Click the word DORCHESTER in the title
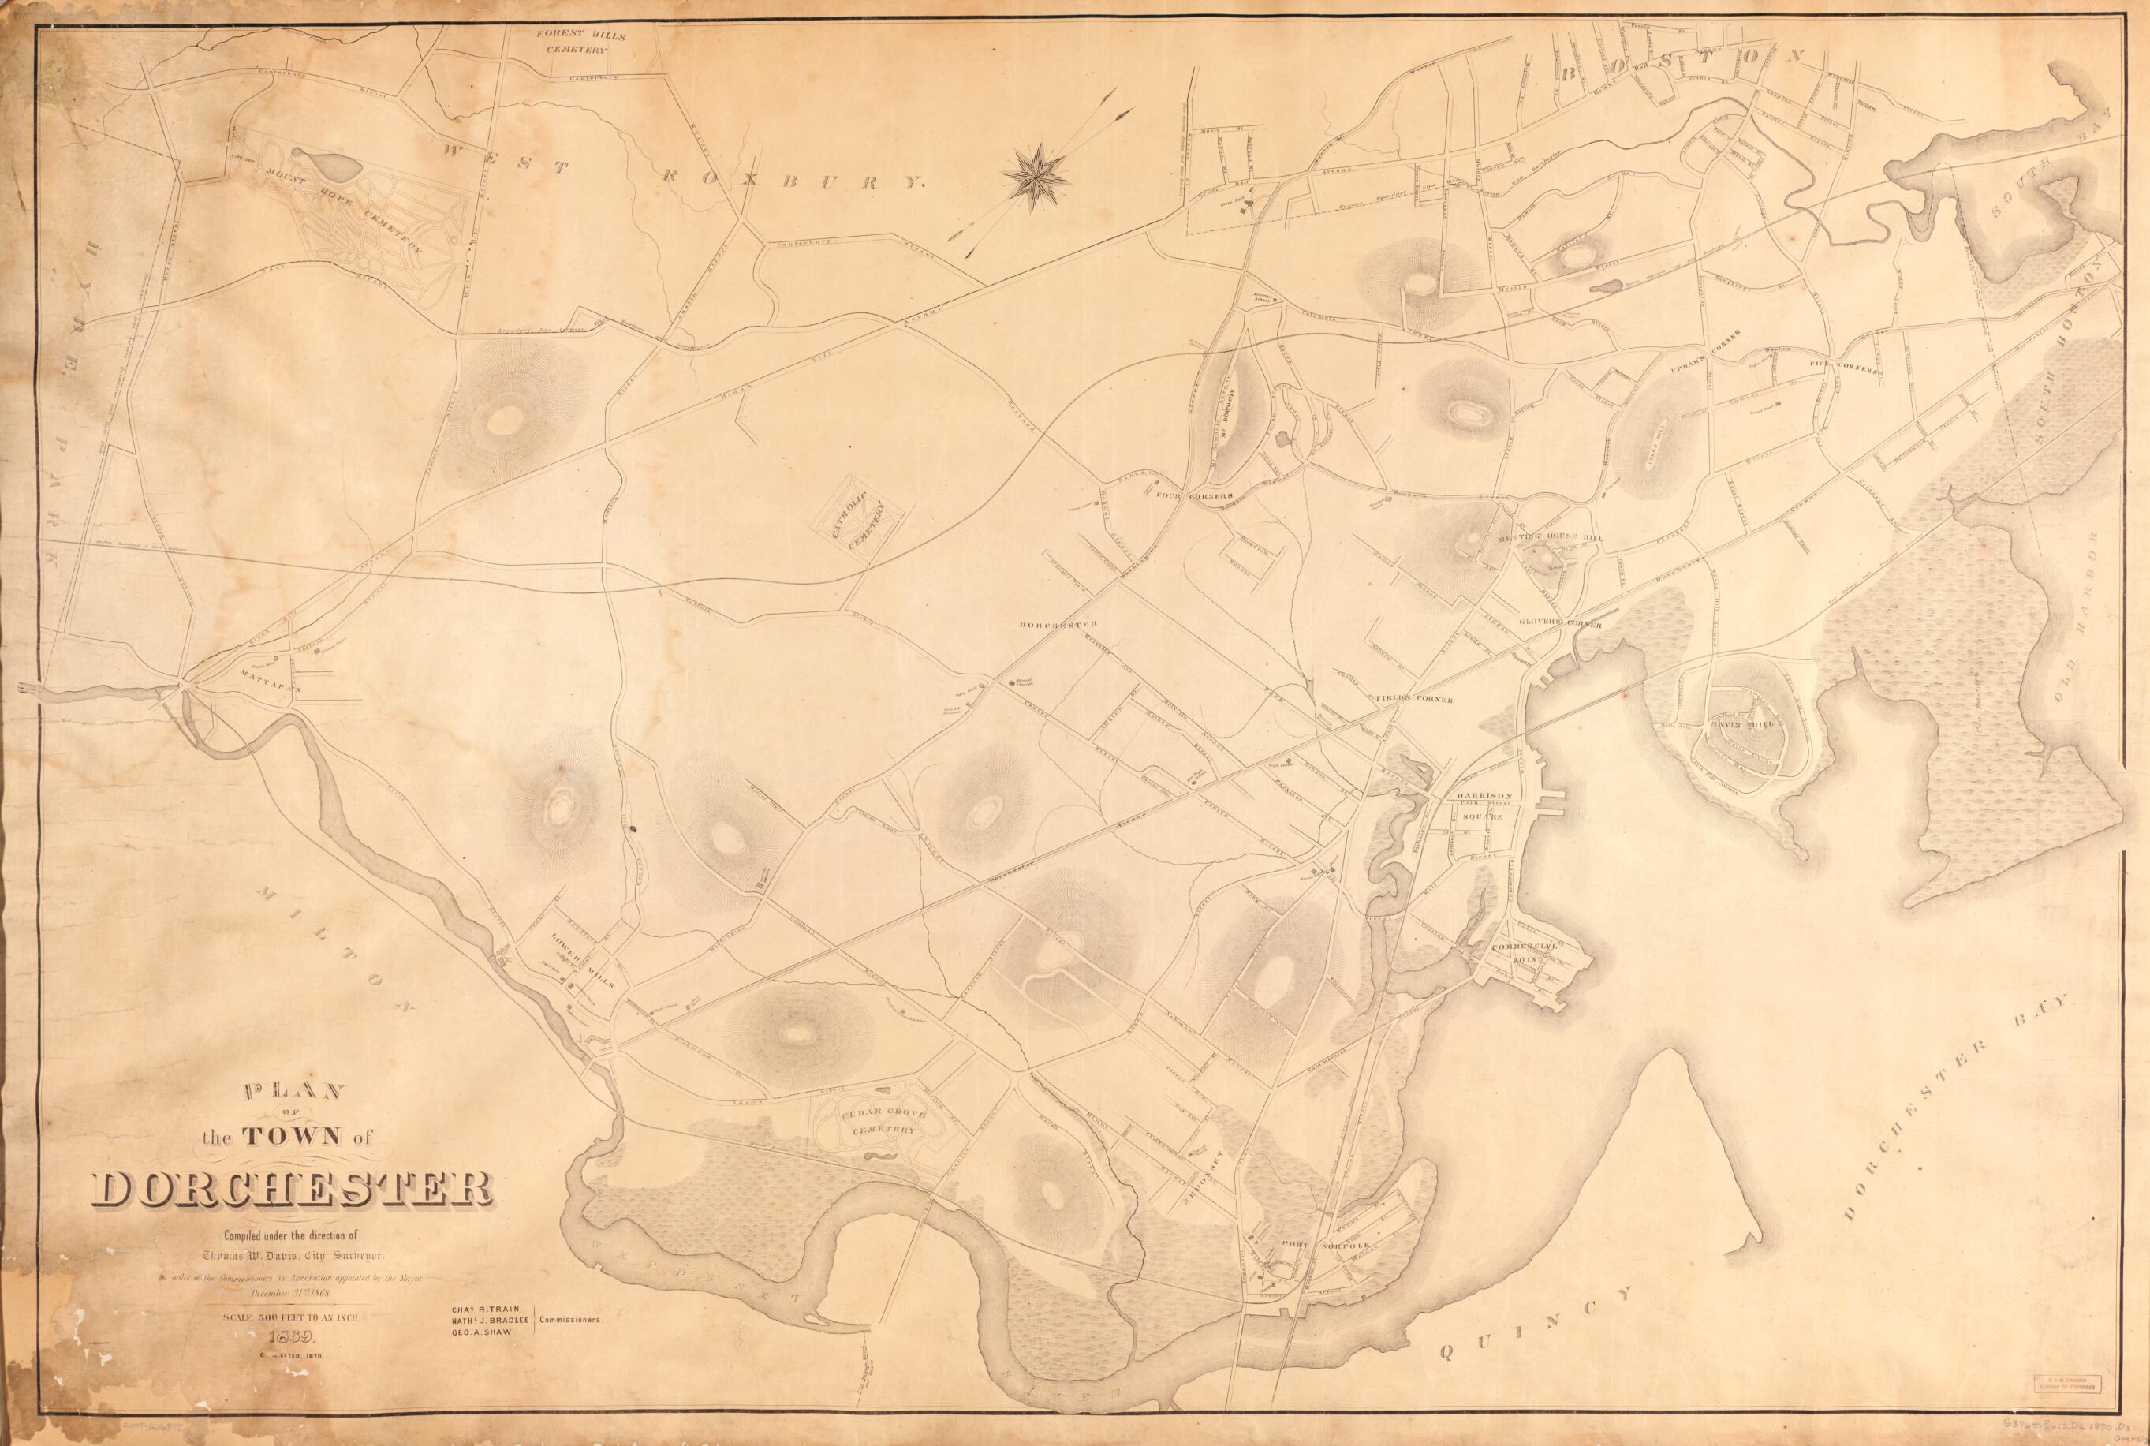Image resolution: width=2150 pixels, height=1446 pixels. pos(293,1191)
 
